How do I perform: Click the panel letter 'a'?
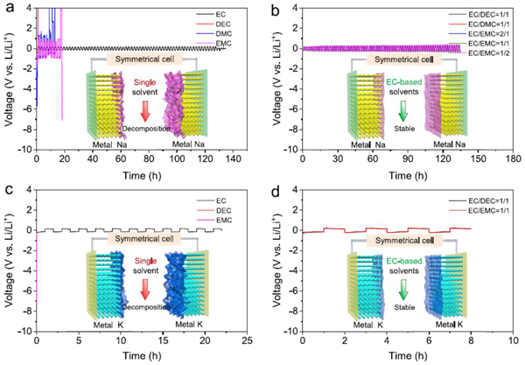pos(7,10)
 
